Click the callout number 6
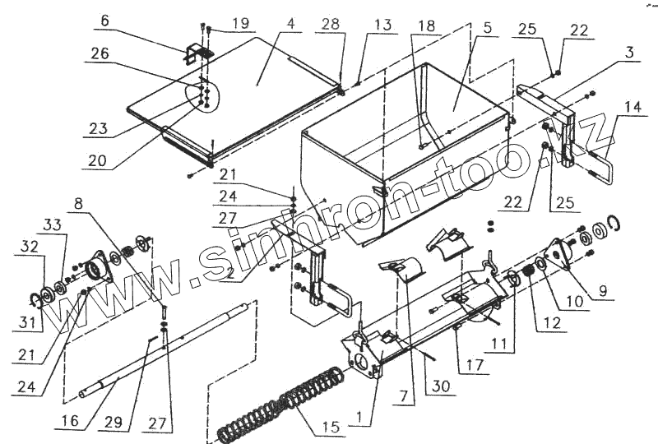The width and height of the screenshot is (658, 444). pos(105,20)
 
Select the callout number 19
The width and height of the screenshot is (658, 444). pos(239,23)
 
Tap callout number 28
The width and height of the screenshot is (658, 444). pos(331,25)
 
